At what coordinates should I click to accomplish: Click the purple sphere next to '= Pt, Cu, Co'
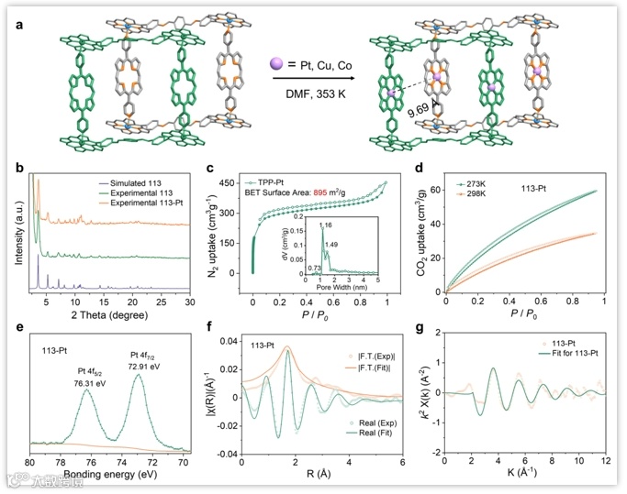(x=275, y=63)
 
